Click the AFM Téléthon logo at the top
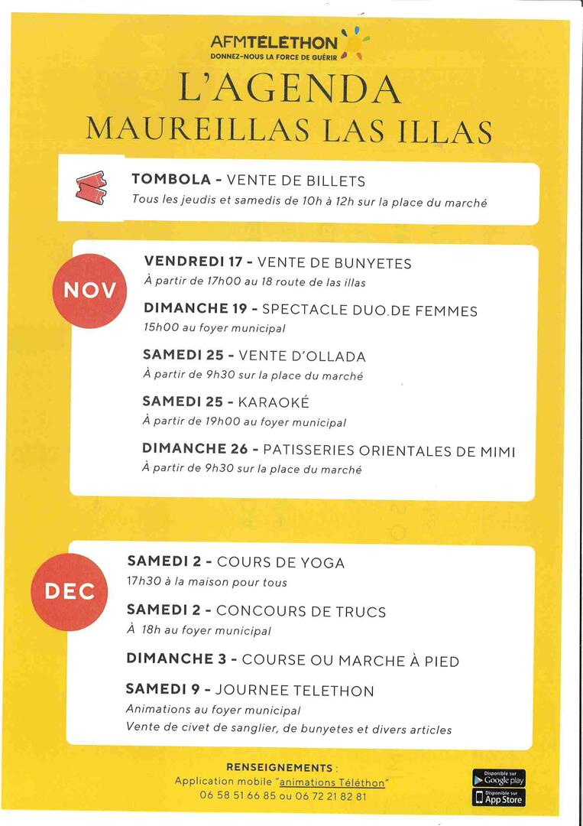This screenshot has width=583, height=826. point(289,46)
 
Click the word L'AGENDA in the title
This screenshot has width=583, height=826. point(290,89)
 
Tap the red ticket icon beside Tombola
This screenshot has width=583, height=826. point(92,187)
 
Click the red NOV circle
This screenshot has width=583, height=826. point(90,291)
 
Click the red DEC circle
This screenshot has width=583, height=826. point(70,591)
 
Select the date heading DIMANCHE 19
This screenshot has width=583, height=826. point(195,310)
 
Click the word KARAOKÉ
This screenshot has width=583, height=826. point(274,402)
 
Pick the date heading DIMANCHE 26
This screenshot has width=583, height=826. point(195,450)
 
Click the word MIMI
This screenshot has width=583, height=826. point(497,451)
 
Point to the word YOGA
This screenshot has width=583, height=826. point(322,563)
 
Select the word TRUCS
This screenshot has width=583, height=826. point(359,611)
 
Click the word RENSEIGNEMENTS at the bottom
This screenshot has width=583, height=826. point(280,767)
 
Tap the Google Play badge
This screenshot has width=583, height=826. point(499,778)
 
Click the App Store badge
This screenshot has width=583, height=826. point(499,798)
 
